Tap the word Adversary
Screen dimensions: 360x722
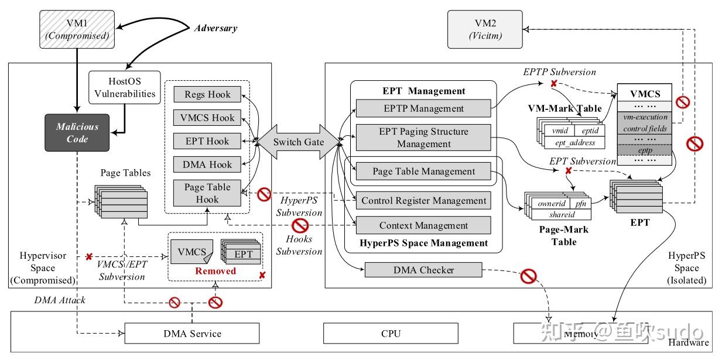pos(215,28)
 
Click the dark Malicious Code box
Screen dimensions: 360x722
pos(77,132)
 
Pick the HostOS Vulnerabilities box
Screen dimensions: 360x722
pos(125,87)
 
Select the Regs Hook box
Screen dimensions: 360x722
pos(207,94)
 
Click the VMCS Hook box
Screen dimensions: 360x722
pos(207,118)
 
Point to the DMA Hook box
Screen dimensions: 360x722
pos(207,164)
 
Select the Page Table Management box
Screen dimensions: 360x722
pos(423,172)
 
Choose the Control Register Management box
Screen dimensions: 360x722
pos(423,201)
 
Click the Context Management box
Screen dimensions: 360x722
pos(423,225)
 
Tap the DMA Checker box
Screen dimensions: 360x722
pos(423,270)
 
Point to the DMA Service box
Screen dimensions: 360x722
pos(192,334)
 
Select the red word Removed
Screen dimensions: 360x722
pos(215,271)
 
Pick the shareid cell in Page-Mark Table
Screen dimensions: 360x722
pos(561,215)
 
